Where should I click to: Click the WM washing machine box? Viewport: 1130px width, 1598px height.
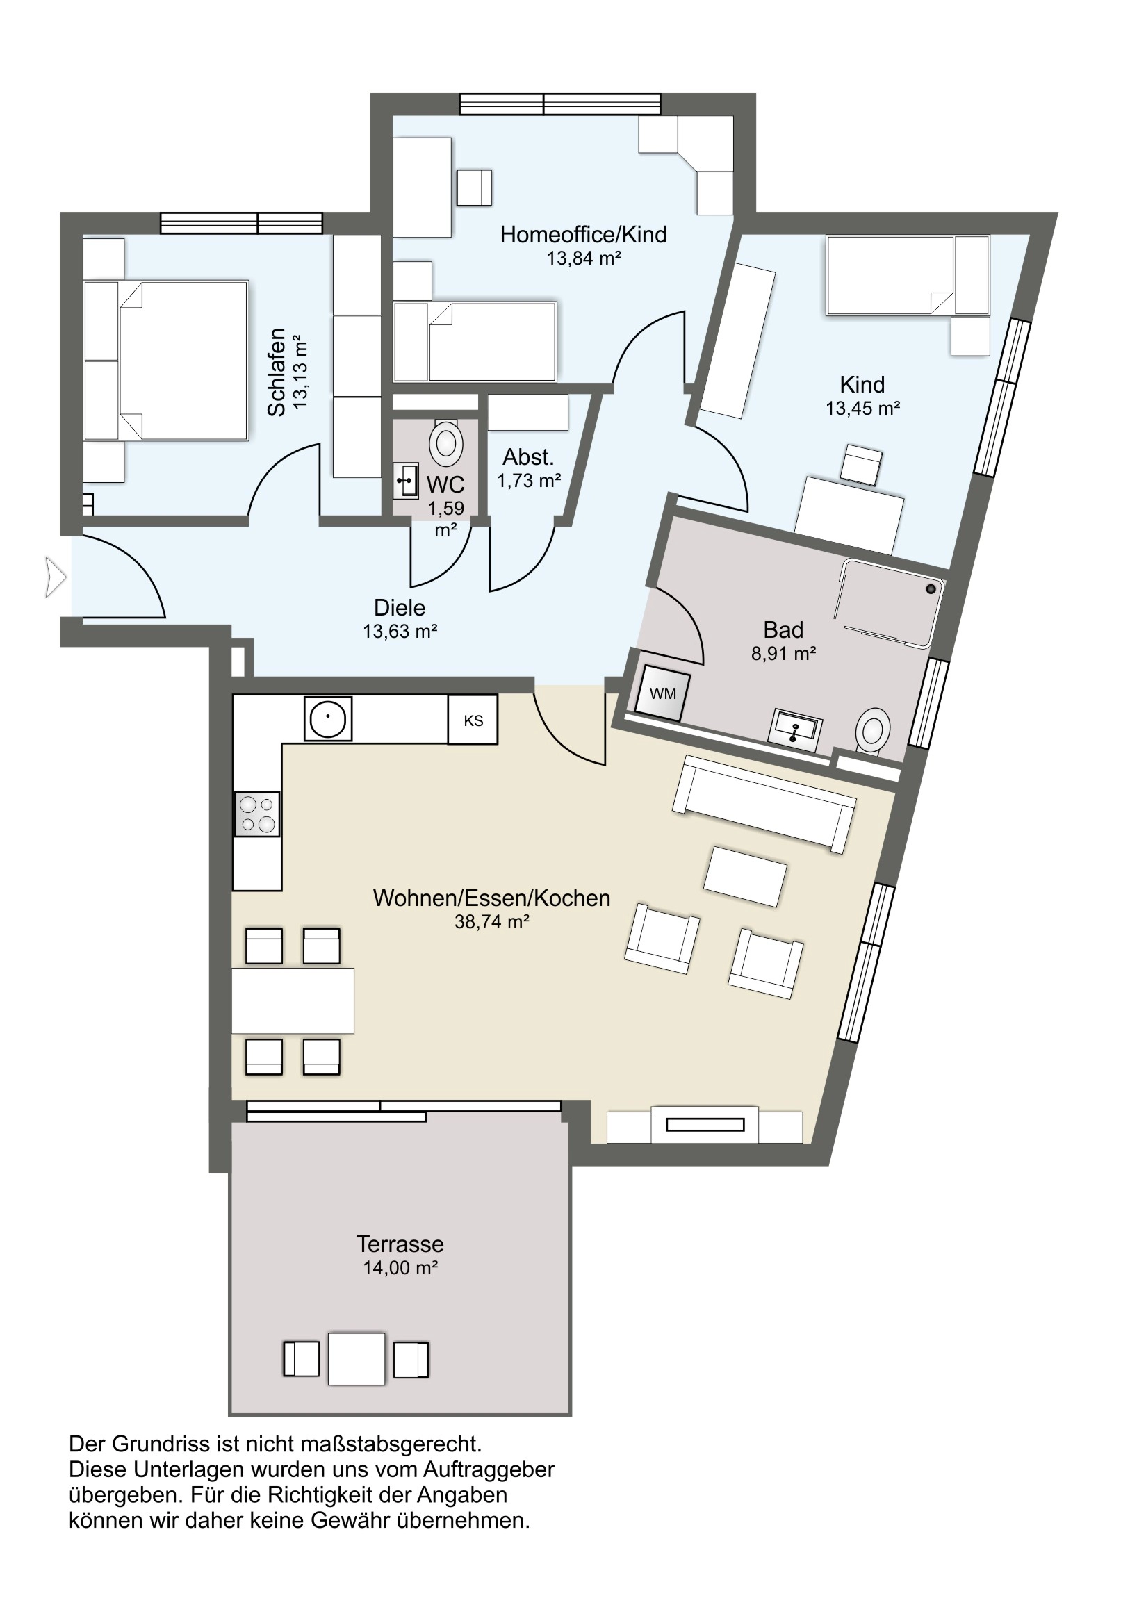point(662,693)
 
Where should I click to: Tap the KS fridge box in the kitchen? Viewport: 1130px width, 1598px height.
point(473,720)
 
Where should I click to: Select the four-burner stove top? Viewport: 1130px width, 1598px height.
point(257,814)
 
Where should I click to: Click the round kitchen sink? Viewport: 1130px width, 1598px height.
point(328,719)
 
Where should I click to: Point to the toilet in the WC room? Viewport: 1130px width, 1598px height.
point(446,443)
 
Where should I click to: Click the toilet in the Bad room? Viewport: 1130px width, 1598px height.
point(871,732)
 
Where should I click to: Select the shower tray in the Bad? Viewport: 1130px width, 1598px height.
point(889,603)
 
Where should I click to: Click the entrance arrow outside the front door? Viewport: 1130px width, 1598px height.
point(56,577)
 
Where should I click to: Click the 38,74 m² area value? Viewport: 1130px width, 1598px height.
point(491,921)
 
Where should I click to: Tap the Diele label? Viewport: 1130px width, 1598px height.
point(400,608)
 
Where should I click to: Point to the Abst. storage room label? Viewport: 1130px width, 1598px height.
point(528,457)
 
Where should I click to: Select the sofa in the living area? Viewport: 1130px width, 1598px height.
point(764,804)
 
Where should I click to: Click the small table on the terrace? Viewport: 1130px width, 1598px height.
point(357,1358)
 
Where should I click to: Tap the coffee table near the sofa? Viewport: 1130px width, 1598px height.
point(745,876)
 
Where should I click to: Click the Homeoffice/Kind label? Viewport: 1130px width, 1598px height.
point(583,235)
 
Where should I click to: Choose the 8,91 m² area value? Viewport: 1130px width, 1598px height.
point(783,653)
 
